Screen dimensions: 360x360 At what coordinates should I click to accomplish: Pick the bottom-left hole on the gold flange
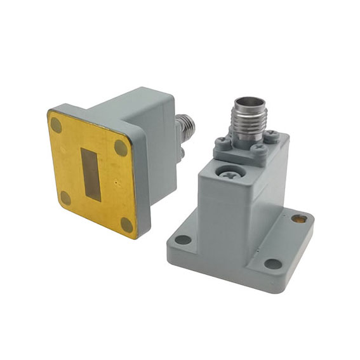(x=65, y=198)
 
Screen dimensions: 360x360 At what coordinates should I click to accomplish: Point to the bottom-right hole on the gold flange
(x=127, y=225)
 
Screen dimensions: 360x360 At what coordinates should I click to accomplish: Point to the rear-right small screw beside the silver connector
(x=271, y=134)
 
